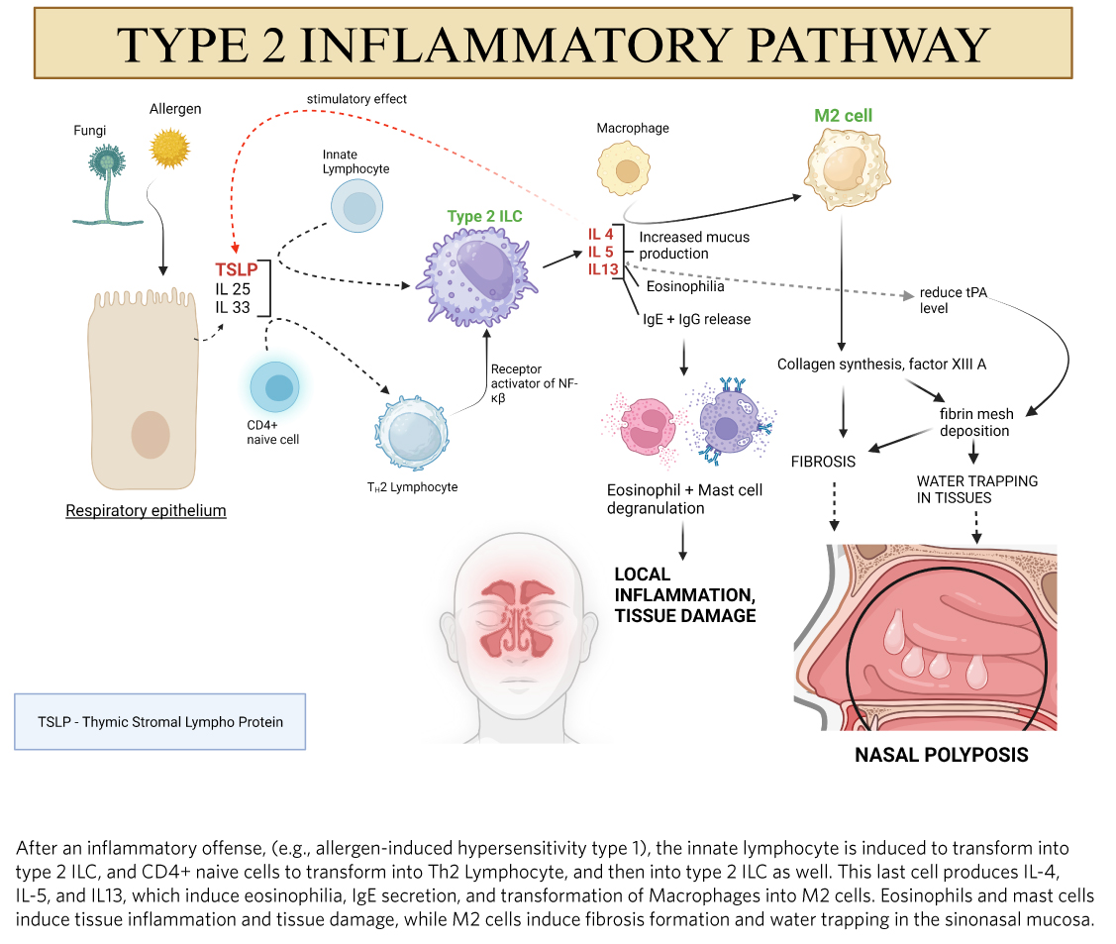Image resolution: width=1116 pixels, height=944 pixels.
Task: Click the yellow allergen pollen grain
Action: pyautogui.click(x=168, y=149)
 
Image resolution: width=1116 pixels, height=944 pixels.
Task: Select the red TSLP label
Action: pyautogui.click(x=236, y=269)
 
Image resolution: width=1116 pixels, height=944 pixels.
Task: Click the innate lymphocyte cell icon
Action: pyautogui.click(x=356, y=207)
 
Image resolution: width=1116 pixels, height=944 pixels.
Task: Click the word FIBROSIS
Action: pyautogui.click(x=823, y=462)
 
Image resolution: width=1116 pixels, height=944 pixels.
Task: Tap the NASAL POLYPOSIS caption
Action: pyautogui.click(x=941, y=756)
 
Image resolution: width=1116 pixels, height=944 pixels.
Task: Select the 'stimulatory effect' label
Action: pyautogui.click(x=356, y=99)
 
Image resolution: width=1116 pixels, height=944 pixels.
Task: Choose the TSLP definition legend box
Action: pyautogui.click(x=160, y=721)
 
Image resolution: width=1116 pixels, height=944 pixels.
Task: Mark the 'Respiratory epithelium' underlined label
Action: pyautogui.click(x=146, y=511)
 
